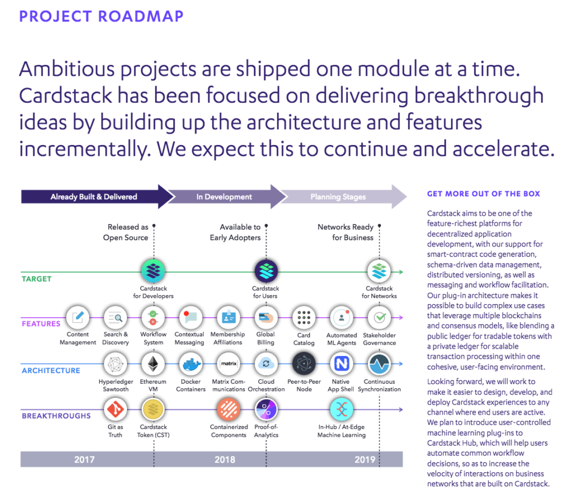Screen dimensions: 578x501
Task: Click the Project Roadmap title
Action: point(102,16)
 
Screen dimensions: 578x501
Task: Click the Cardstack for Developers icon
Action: point(154,271)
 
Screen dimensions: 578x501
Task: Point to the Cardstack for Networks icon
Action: point(379,271)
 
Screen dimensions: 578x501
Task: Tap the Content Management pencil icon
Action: point(78,317)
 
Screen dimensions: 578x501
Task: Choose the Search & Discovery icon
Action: point(115,317)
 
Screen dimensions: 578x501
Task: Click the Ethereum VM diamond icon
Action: point(154,364)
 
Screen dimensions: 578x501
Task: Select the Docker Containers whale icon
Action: point(191,364)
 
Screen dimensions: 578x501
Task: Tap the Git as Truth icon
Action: point(115,409)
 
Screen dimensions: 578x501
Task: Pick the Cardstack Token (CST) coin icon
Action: point(154,409)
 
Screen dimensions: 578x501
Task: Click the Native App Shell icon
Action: point(341,364)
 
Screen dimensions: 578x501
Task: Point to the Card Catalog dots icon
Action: point(304,317)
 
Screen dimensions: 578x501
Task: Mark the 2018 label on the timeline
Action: point(225,459)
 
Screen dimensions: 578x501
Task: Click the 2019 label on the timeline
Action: point(365,459)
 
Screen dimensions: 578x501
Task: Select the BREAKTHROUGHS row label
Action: point(56,416)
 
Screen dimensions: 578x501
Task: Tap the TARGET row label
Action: point(37,279)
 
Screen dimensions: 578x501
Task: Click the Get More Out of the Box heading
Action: point(484,194)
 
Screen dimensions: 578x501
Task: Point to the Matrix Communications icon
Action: point(229,364)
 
